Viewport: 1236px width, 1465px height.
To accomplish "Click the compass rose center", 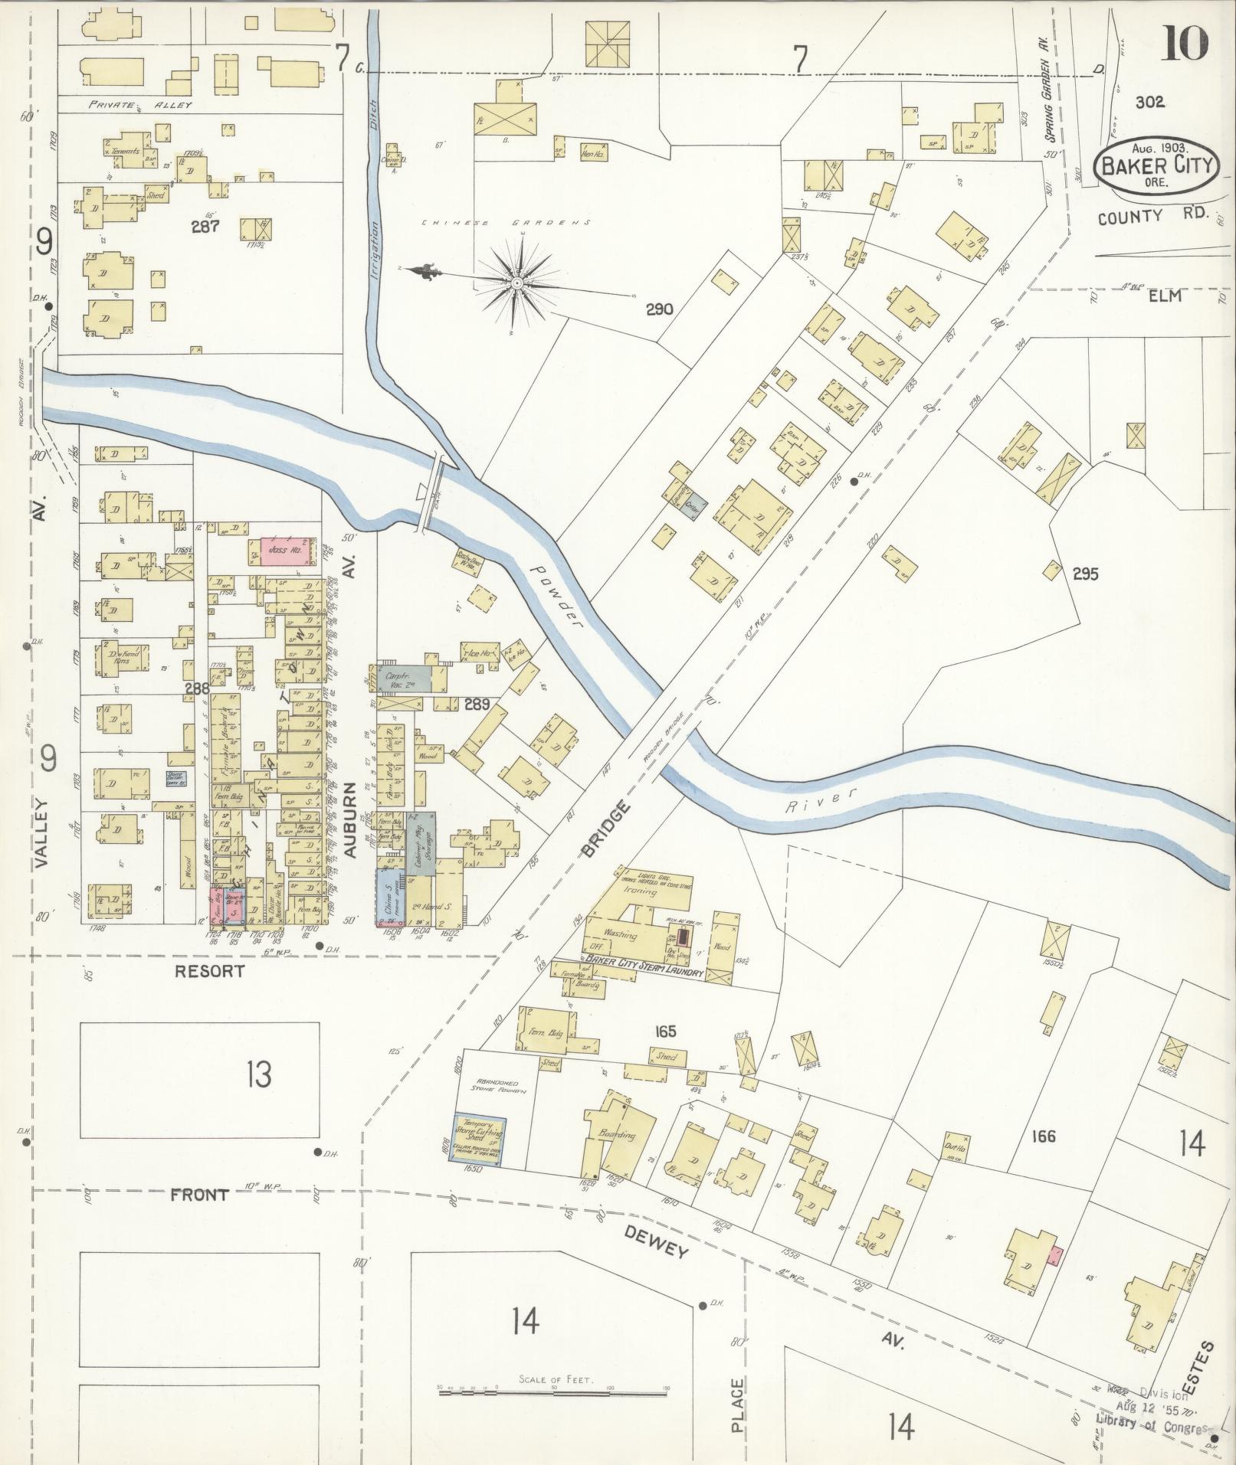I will (517, 283).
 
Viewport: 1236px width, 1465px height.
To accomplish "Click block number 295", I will (1085, 573).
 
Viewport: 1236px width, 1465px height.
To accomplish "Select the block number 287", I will (206, 226).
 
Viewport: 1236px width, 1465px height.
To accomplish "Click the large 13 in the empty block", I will (259, 1075).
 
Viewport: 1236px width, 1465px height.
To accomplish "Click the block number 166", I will (1043, 1136).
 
